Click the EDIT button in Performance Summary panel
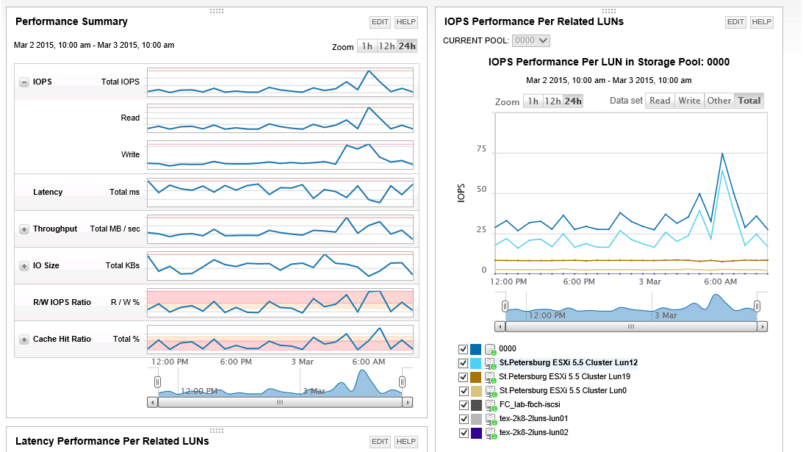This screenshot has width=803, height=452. pyautogui.click(x=380, y=22)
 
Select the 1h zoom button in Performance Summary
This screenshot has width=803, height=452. pyautogui.click(x=367, y=46)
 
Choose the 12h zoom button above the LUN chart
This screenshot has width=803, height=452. pyautogui.click(x=552, y=101)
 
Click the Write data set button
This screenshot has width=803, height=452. pyautogui.click(x=689, y=101)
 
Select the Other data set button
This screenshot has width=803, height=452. pyautogui.click(x=719, y=101)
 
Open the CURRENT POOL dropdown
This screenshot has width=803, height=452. pyautogui.click(x=532, y=40)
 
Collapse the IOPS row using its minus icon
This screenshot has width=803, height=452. pyautogui.click(x=24, y=82)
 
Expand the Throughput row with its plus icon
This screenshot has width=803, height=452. pyautogui.click(x=24, y=229)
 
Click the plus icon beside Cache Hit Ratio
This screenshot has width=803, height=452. pyautogui.click(x=24, y=339)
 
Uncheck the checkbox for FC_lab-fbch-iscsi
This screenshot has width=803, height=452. pyautogui.click(x=463, y=405)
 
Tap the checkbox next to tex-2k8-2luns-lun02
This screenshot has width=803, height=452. pyautogui.click(x=463, y=433)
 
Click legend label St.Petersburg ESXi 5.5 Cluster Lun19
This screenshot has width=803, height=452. pyautogui.click(x=564, y=376)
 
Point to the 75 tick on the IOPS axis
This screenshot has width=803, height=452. pyautogui.click(x=481, y=149)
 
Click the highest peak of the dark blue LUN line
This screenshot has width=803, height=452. pyautogui.click(x=723, y=154)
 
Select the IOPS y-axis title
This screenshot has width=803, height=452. pyautogui.click(x=461, y=193)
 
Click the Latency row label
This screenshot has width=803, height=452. pyautogui.click(x=48, y=192)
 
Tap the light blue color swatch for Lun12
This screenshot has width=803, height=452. pyautogui.click(x=475, y=363)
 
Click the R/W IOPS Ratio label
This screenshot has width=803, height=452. pyautogui.click(x=62, y=302)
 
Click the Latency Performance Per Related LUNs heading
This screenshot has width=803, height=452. pyautogui.click(x=112, y=441)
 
